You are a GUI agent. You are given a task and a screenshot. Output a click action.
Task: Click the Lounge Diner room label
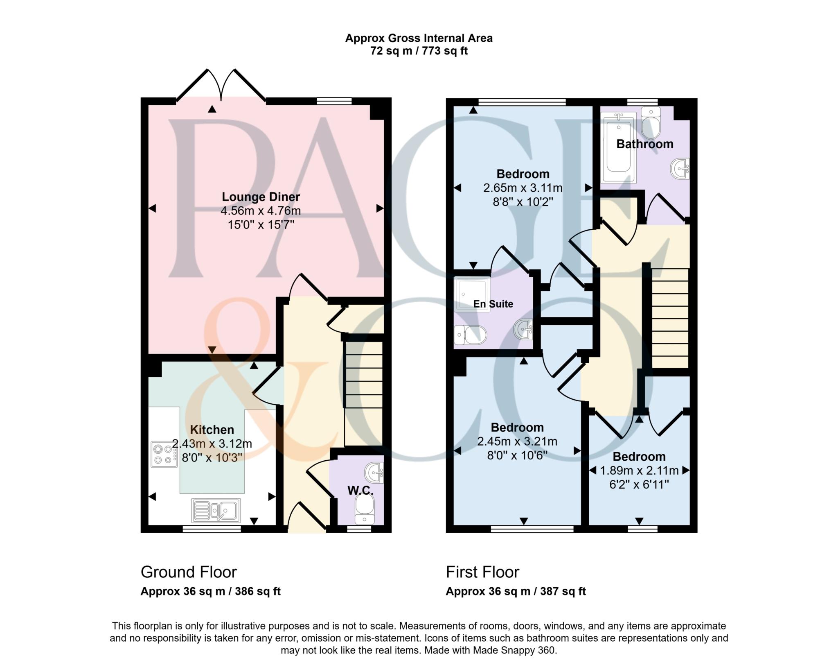tap(261, 197)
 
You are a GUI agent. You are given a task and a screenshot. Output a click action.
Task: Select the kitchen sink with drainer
tap(216, 510)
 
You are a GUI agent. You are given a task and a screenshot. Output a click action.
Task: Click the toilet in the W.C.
tap(364, 508)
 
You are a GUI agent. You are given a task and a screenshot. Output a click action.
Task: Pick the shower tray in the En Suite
tap(472, 294)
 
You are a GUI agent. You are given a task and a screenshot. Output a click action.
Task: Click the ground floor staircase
tap(364, 393)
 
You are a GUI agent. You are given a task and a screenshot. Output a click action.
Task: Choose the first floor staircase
tap(670, 318)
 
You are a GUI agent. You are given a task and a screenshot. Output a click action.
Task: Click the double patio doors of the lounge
tap(221, 86)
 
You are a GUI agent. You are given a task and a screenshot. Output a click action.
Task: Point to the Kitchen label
tap(212, 430)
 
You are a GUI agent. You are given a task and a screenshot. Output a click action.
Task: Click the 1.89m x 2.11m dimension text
tap(639, 471)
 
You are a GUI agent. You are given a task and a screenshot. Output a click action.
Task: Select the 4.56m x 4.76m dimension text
tap(261, 211)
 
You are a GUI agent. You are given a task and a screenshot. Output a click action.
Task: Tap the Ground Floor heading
tap(189, 572)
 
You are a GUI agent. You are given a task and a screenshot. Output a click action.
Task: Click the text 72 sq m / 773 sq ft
tap(419, 51)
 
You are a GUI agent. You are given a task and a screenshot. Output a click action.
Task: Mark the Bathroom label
tap(644, 144)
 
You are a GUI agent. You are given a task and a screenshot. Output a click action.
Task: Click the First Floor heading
tap(482, 572)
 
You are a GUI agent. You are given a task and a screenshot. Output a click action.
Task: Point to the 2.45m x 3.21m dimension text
tap(517, 441)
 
